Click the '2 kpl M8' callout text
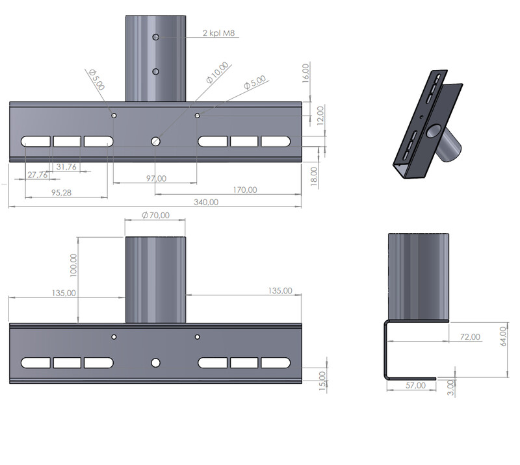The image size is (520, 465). coord(219,33)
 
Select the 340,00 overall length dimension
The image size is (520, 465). coord(206,202)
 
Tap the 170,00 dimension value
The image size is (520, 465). coord(245,190)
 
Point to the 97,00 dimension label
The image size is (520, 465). coord(156,179)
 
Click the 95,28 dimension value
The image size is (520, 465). coord(61,193)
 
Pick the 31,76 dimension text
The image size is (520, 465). coord(66,167)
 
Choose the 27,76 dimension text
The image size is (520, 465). coord(37,175)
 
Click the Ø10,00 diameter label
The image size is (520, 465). coord(218,73)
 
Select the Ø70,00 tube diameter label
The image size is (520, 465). coord(155,216)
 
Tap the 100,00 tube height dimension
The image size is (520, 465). coord(73,265)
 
